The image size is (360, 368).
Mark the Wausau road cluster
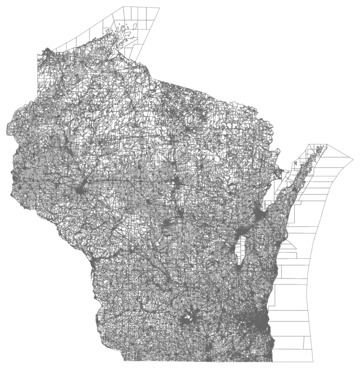pyautogui.click(x=177, y=181)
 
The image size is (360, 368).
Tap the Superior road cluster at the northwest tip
pyautogui.click(x=47, y=52)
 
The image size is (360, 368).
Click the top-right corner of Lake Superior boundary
pyautogui.click(x=160, y=8)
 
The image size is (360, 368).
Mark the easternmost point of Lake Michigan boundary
pyautogui.click(x=353, y=159)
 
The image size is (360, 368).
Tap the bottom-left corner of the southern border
pyautogui.click(x=124, y=360)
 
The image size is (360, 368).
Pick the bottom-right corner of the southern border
pyautogui.click(x=272, y=361)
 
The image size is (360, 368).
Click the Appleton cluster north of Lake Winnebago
pyautogui.click(x=239, y=233)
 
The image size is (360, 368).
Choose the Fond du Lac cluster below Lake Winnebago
pyautogui.click(x=239, y=267)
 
